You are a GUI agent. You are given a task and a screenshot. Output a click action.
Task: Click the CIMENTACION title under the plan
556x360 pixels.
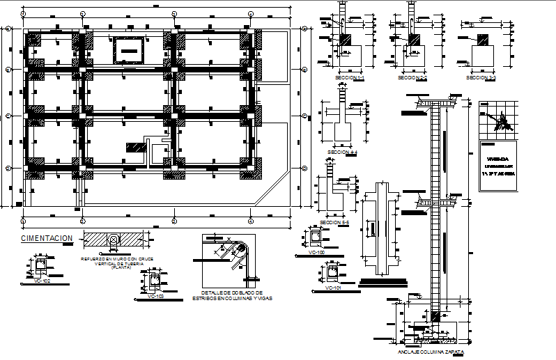[x=47, y=238]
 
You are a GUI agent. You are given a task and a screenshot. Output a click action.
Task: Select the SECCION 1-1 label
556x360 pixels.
[x=350, y=78]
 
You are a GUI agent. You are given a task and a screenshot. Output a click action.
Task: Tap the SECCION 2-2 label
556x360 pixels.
[x=412, y=78]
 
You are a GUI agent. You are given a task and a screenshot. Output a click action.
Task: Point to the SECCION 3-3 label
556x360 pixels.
[x=481, y=78]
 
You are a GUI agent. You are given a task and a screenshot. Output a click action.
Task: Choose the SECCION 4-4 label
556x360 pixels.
[x=342, y=151]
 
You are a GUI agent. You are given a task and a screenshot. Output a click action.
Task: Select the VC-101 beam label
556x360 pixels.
[x=332, y=287]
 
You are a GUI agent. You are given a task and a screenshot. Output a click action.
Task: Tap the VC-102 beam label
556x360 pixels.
[x=42, y=281]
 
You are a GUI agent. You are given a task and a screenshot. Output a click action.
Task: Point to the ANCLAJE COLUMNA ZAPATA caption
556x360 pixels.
[x=431, y=352]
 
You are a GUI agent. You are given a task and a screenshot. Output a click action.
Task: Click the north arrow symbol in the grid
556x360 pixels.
[x=500, y=125]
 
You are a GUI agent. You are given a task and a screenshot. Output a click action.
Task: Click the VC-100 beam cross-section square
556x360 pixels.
[x=316, y=239]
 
